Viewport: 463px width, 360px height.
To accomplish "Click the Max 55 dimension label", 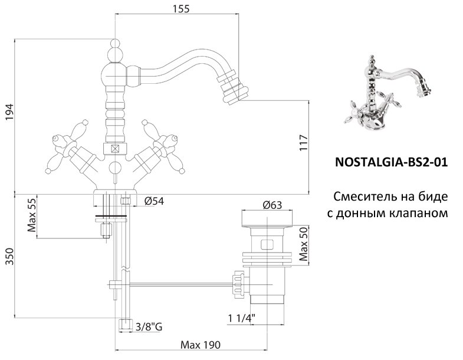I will pos(32,215).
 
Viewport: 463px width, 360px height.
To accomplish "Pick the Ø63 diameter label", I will pos(271,205).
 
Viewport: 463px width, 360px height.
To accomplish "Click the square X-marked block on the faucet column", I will pos(114,149).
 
